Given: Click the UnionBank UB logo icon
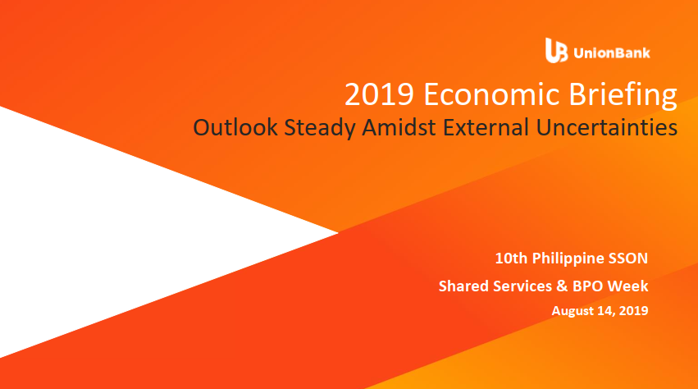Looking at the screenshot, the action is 556,50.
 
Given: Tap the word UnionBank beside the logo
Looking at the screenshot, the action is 612,53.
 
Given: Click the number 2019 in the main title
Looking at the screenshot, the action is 379,94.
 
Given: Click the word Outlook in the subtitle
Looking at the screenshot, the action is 235,127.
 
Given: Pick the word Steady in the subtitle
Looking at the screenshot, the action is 320,128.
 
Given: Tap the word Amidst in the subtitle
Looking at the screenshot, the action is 399,127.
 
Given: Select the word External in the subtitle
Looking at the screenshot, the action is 486,127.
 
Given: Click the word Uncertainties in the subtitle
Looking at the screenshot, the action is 607,127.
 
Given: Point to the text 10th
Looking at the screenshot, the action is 511,258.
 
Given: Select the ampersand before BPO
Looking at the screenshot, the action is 562,286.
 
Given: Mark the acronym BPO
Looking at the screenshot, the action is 587,286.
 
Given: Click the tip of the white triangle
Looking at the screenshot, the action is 338,232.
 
